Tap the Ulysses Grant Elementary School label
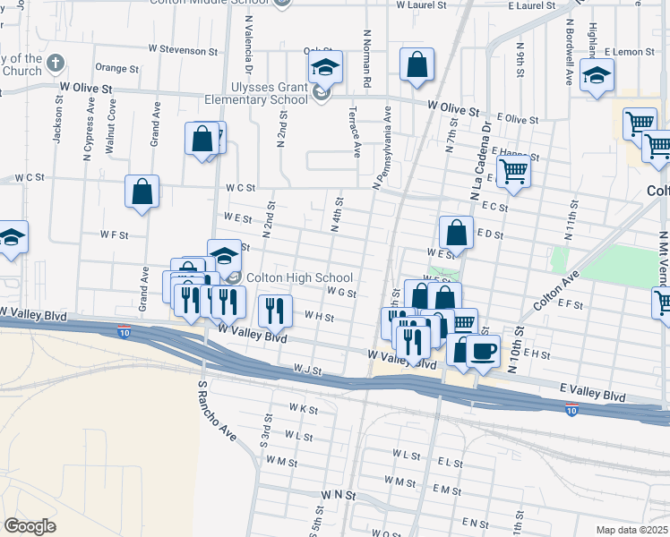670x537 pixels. click(x=256, y=93)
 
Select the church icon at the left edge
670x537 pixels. click(x=56, y=64)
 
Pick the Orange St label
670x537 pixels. click(x=116, y=67)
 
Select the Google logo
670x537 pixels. click(x=30, y=526)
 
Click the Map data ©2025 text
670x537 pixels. click(x=631, y=530)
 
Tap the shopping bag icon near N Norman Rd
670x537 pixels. click(x=417, y=64)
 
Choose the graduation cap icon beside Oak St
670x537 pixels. click(x=324, y=67)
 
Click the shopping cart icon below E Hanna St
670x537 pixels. click(x=513, y=169)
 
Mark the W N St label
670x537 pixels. click(x=339, y=494)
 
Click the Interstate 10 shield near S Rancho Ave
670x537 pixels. click(x=123, y=332)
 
